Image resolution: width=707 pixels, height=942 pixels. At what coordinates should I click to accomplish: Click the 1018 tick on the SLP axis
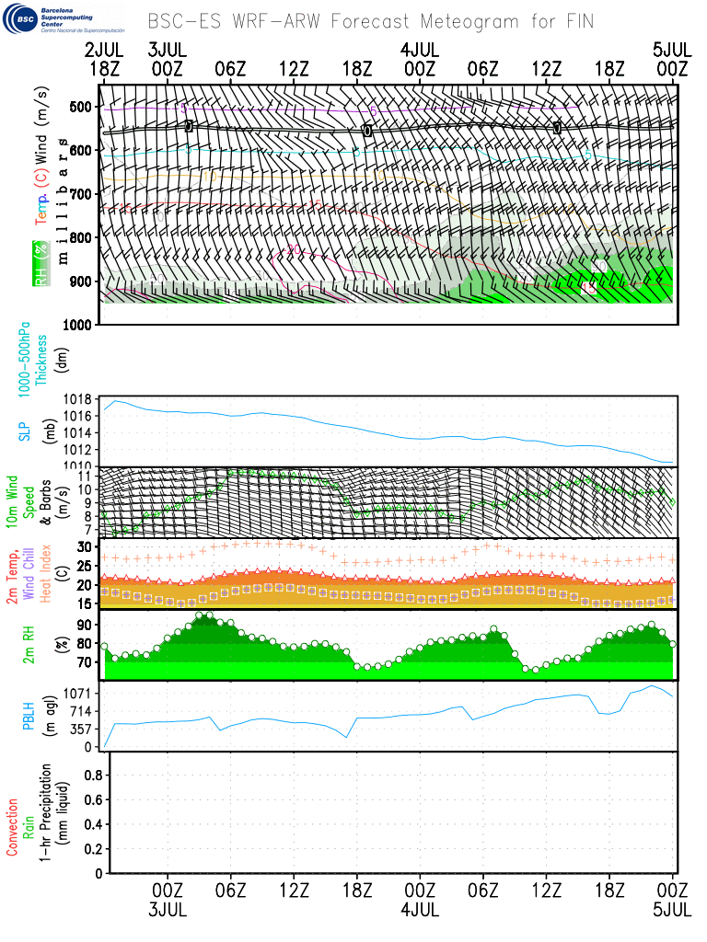click(x=80, y=400)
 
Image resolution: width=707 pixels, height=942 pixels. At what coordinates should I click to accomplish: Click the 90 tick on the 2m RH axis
click(x=86, y=625)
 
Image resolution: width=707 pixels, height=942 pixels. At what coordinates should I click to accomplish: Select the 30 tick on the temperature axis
click(x=86, y=546)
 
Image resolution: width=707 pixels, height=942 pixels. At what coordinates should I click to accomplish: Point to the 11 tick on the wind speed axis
click(x=87, y=476)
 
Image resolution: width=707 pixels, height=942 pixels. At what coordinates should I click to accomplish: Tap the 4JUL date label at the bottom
click(x=420, y=910)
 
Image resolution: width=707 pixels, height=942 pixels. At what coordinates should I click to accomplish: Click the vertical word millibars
click(x=63, y=201)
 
